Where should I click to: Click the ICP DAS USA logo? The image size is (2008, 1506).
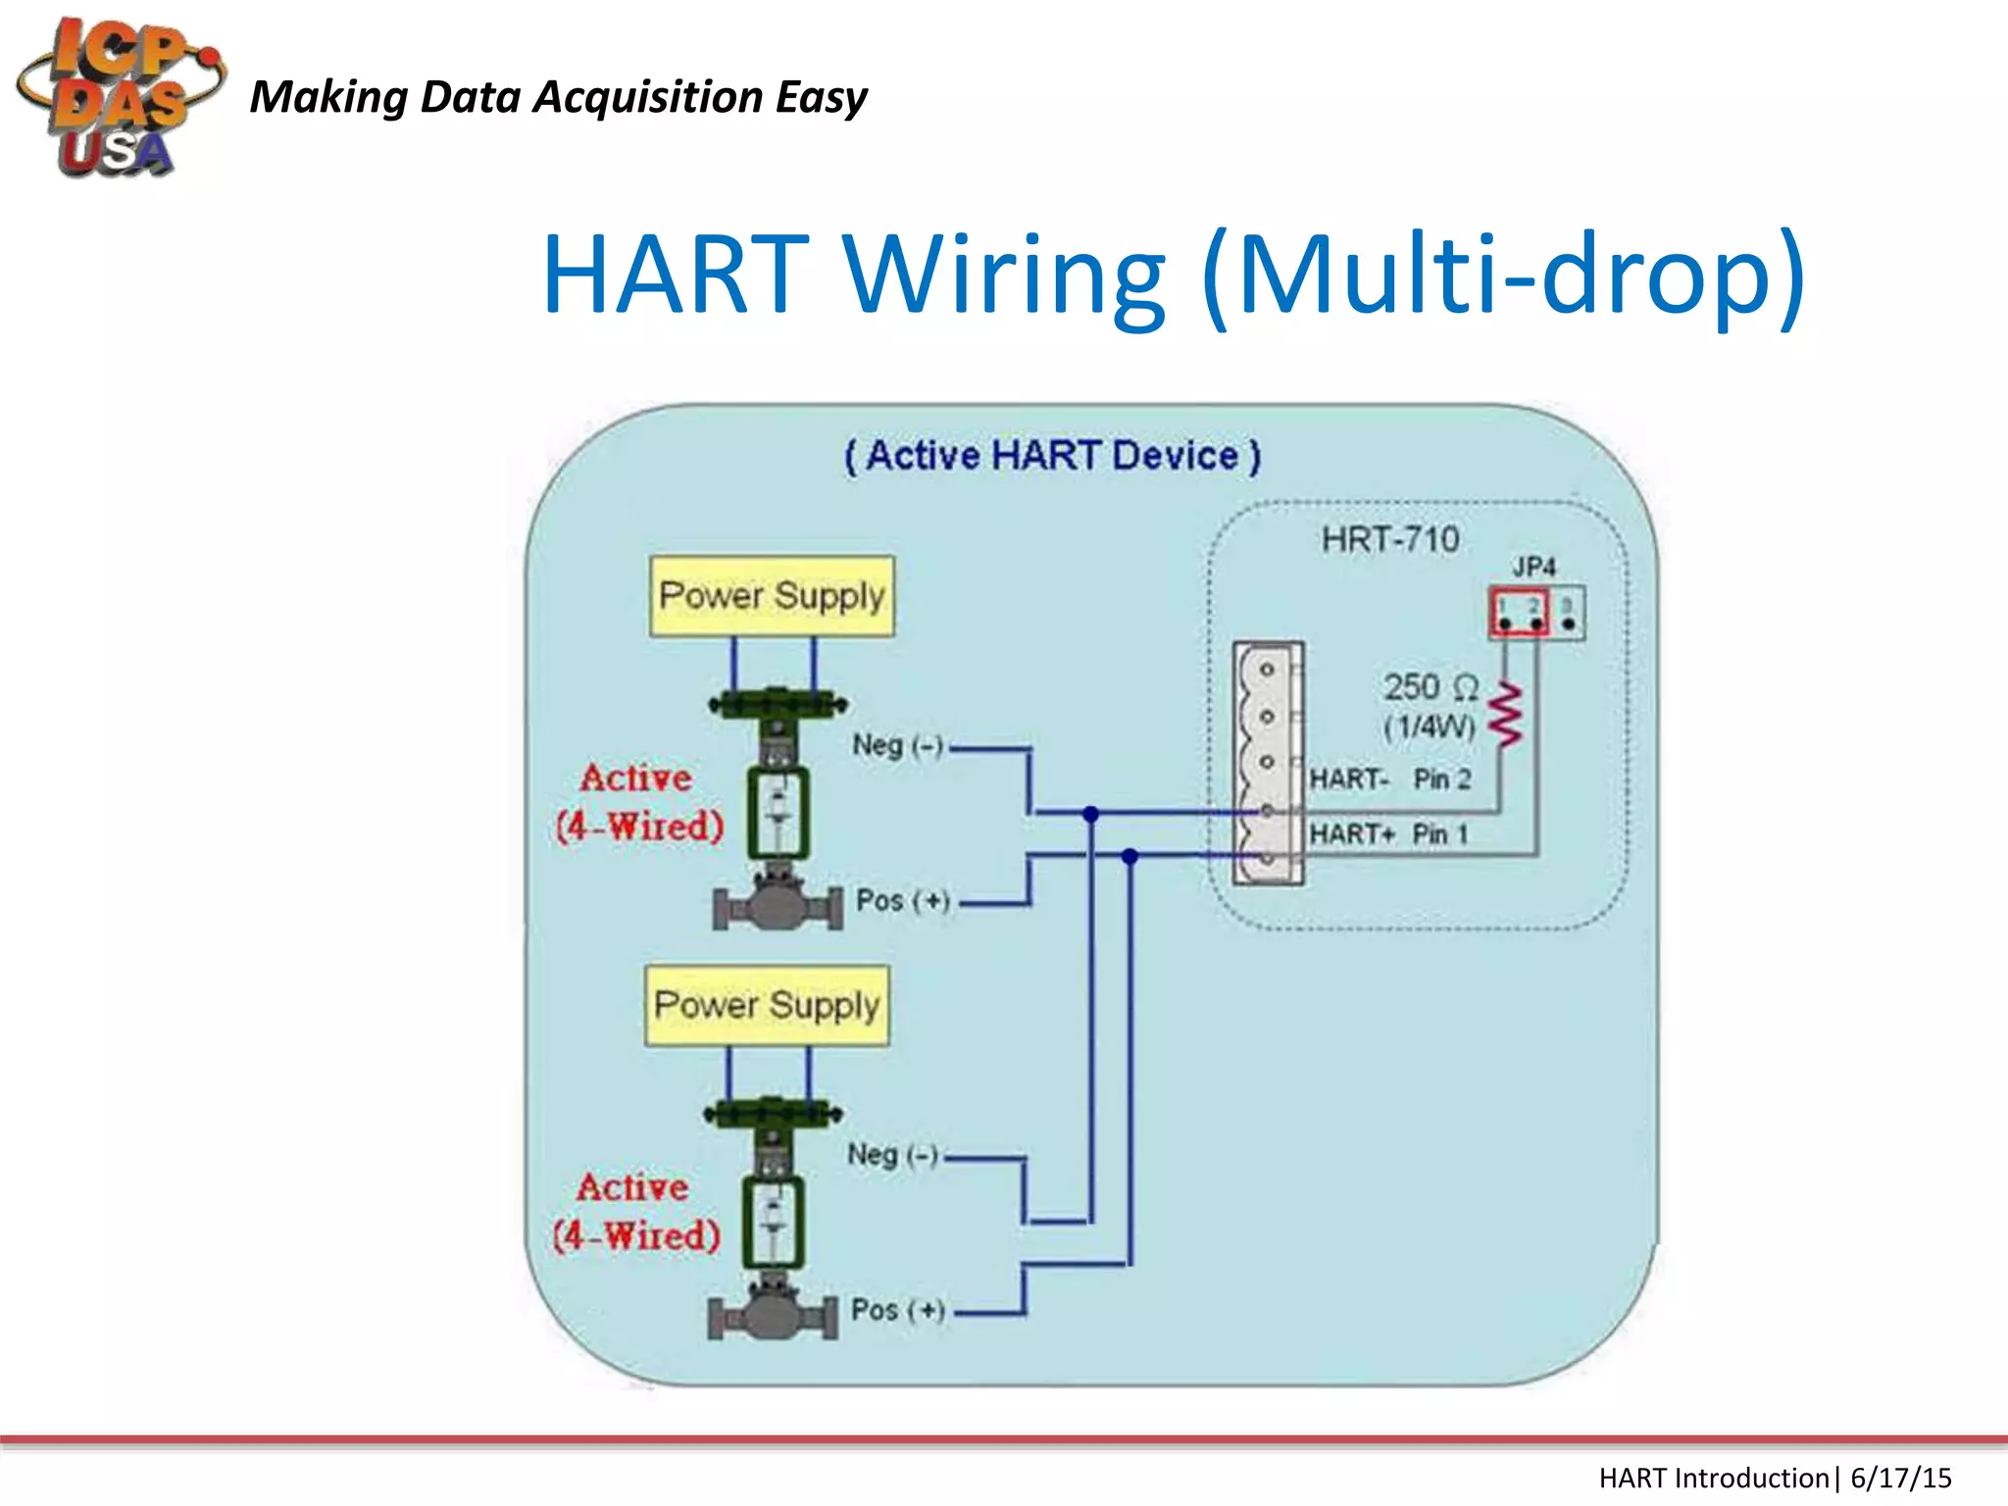point(118,98)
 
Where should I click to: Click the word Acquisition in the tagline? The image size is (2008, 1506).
point(647,98)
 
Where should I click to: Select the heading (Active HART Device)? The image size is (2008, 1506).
point(1052,457)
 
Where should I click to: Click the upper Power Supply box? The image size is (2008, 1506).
point(772,596)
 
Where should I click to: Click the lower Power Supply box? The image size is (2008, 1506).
point(767,1006)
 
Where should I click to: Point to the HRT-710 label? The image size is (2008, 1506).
point(1389,539)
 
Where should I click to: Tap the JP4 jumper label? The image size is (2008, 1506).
point(1533,567)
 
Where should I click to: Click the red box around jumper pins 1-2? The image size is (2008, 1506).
point(1519,613)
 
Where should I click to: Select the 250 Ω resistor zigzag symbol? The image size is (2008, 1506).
point(1506,715)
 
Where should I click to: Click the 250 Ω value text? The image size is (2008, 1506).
point(1430,687)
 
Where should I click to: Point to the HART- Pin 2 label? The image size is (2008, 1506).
point(1390,779)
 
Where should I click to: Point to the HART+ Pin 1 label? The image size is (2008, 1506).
point(1388,834)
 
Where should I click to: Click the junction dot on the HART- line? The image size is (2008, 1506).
point(1090,813)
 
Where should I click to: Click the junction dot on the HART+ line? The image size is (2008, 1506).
point(1129,856)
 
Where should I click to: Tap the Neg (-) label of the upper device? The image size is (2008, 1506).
point(897,746)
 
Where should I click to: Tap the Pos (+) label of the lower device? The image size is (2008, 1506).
point(897,1310)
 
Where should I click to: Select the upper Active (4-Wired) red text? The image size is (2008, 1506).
point(638,802)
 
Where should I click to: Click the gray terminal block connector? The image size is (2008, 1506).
point(1268,763)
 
